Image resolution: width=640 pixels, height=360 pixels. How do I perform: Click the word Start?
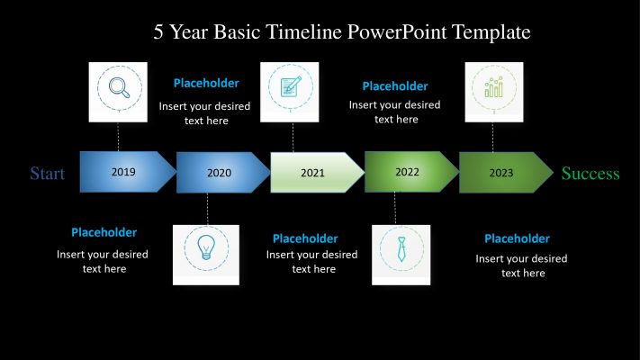48,174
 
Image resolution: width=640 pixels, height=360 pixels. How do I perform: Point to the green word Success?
590,174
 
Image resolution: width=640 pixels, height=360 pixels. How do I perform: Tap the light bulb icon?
205,246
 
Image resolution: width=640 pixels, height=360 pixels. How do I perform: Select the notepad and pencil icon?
291,87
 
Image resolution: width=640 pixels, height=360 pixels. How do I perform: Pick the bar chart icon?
493,88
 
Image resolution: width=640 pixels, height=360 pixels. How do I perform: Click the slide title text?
342,32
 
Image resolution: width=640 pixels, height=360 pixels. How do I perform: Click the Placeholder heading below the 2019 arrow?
104,232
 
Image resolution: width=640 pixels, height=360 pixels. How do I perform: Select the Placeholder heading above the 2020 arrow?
206,84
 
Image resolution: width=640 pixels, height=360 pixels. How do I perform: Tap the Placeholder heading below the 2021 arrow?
305,238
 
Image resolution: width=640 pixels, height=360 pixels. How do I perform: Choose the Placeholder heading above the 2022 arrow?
395,86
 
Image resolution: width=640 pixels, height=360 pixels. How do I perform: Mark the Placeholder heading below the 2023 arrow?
517,238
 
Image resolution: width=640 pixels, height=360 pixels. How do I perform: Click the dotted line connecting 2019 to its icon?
119,136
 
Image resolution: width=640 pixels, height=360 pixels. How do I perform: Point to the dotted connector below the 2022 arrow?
395,209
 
